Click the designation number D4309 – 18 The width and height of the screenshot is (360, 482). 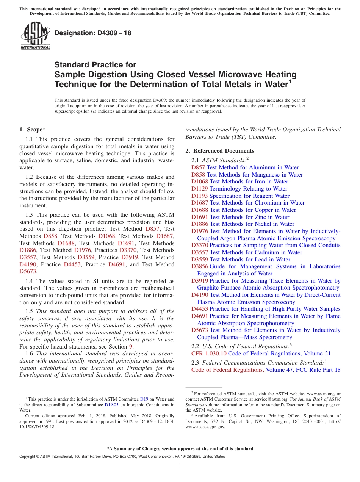pos(93,33)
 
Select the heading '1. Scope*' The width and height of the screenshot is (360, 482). pos(33,130)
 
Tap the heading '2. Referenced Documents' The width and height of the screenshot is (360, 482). pos(220,151)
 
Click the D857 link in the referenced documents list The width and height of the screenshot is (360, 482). pos(198,167)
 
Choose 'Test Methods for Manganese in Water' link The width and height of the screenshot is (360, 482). pos(255,175)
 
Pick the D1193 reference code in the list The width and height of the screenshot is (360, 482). pos(199,196)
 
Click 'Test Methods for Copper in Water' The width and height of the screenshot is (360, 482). pos(253,210)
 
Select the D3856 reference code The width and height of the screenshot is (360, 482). pos(199,266)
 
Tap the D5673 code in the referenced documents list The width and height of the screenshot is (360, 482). pos(199,330)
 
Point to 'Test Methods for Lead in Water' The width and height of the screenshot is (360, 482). pos(250,260)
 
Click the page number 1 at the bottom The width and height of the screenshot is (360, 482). pos(180,466)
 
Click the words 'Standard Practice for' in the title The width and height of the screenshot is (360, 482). pos(95,65)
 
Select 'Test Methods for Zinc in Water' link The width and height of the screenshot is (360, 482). pos(249,217)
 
